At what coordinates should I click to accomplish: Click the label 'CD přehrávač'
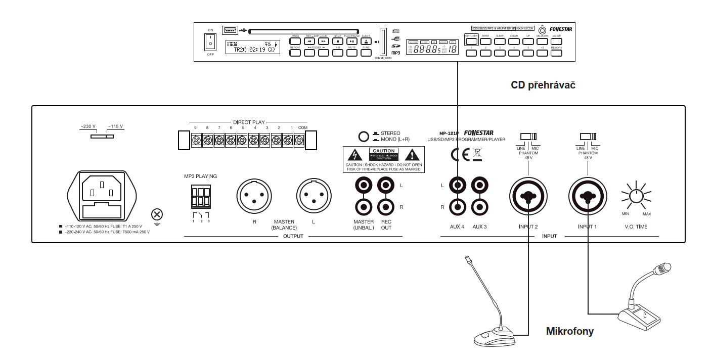[x=543, y=85]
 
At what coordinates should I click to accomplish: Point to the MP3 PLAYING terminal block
[x=200, y=197]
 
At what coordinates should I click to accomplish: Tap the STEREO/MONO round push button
[x=363, y=136]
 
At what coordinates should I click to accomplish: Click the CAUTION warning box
[x=383, y=159]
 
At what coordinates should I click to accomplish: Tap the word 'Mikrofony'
[x=569, y=332]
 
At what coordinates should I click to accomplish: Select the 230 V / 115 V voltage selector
[x=102, y=136]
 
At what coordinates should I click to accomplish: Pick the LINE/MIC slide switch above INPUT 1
[x=587, y=136]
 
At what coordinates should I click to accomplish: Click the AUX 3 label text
[x=479, y=227]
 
